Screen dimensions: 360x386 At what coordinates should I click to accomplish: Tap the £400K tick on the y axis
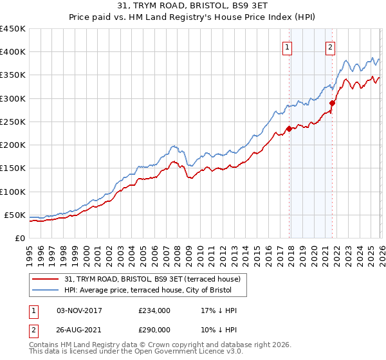pos(13,52)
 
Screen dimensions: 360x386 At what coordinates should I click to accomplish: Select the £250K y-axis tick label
pos(13,122)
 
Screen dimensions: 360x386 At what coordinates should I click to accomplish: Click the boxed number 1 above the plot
pos(287,47)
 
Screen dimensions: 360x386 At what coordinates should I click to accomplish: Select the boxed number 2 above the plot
pos(330,47)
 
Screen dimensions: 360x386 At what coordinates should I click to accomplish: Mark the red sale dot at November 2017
pos(289,129)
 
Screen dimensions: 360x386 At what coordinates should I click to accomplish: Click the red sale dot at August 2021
pos(333,103)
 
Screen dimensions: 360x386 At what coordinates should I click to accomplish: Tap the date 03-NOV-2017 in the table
pos(80,310)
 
